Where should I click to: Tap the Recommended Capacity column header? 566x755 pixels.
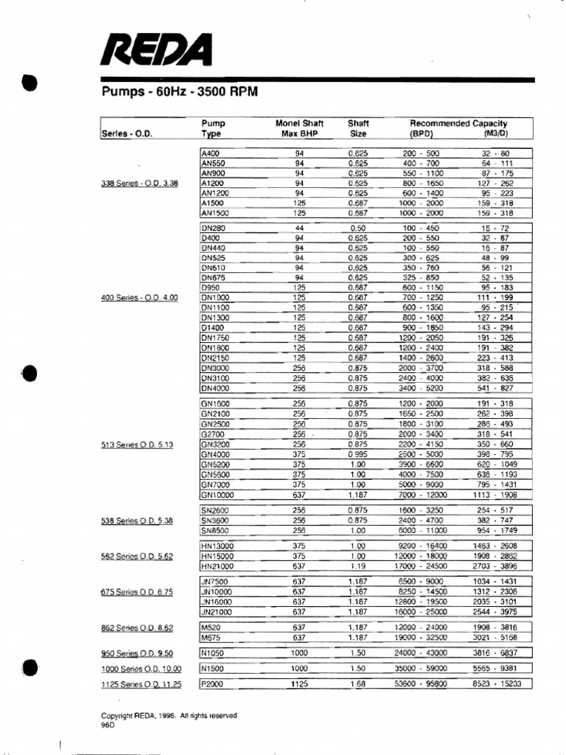tap(458, 124)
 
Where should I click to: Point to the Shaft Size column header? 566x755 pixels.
tap(358, 128)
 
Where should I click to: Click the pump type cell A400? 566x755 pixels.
tap(210, 153)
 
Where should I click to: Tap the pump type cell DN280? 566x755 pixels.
tap(213, 229)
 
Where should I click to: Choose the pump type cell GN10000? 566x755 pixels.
tap(217, 496)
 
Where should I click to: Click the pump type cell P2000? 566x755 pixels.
tap(213, 684)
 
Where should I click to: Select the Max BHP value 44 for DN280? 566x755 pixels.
tap(299, 229)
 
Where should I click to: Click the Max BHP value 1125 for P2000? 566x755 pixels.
tap(299, 684)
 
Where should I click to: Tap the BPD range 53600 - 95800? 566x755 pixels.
tap(422, 684)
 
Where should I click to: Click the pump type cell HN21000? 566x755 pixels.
tap(217, 566)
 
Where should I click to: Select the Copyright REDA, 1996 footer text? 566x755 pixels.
tap(169, 715)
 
